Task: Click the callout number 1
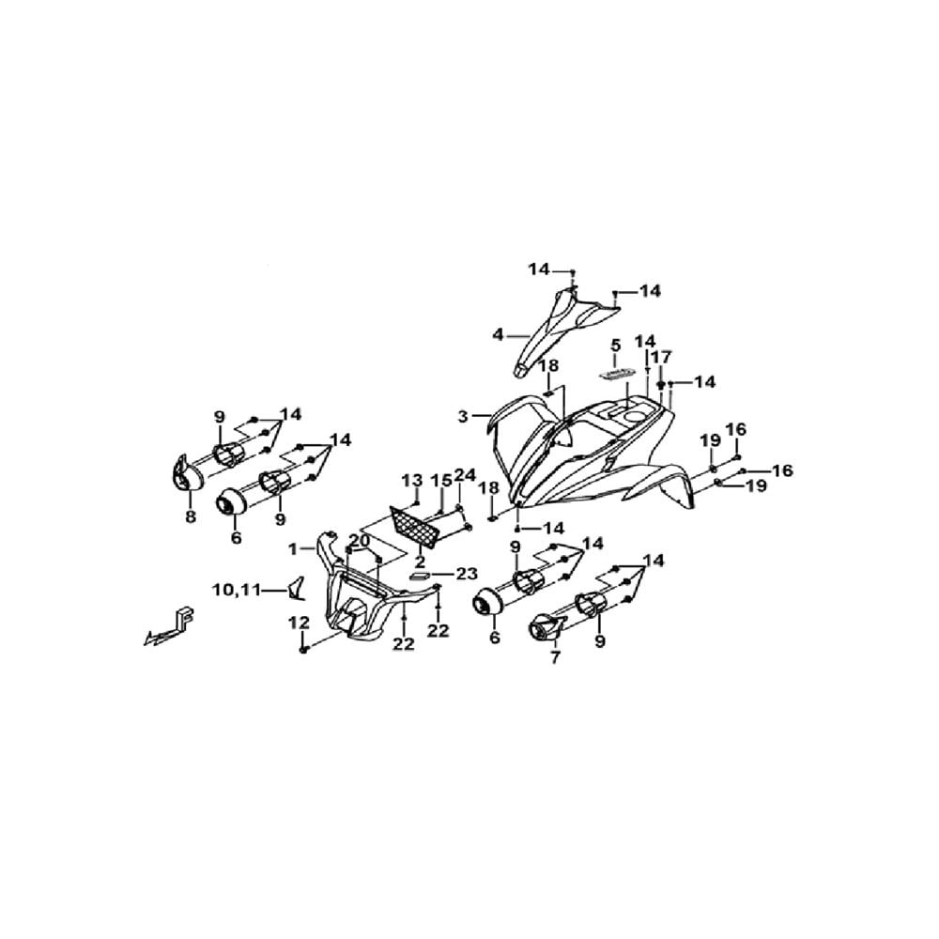[293, 548]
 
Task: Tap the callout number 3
[463, 416]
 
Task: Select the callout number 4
[499, 335]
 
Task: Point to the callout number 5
[616, 345]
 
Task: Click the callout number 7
[555, 657]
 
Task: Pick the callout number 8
[191, 516]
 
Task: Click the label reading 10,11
[237, 590]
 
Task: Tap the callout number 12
[299, 623]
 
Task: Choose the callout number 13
[412, 480]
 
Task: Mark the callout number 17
[660, 358]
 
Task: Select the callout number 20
[360, 541]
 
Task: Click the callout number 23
[466, 574]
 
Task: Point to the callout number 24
[465, 475]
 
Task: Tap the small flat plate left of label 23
[419, 575]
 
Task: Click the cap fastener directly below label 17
[660, 384]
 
